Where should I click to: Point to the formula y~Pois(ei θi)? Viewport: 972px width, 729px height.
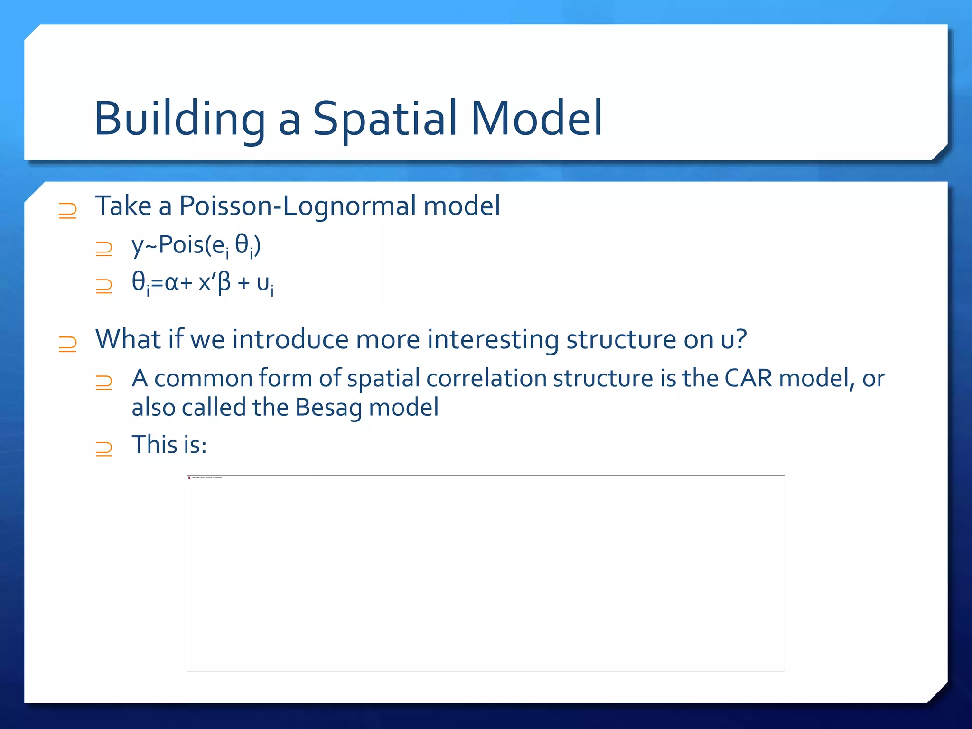point(196,246)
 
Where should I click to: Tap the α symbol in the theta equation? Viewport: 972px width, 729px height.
point(171,283)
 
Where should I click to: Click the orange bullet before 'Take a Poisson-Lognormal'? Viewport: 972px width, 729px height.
point(67,210)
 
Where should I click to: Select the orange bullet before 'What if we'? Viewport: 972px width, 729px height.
point(67,344)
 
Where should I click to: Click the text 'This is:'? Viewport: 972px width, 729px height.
point(169,445)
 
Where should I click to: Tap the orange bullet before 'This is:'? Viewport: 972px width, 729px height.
point(103,448)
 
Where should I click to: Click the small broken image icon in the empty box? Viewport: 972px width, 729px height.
point(189,478)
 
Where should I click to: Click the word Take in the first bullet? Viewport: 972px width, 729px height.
point(123,206)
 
